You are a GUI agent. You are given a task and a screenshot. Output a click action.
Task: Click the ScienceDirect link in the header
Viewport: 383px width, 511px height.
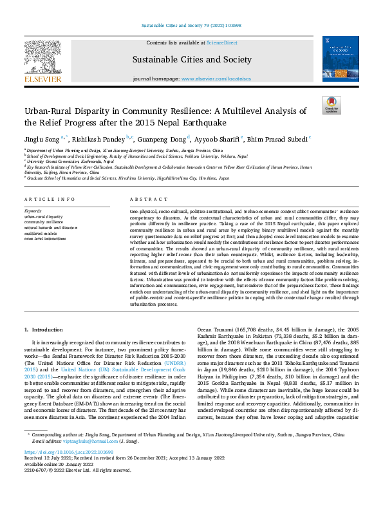[x=221, y=42]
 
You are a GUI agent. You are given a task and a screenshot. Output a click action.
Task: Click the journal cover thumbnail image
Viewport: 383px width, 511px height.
[x=340, y=59]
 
